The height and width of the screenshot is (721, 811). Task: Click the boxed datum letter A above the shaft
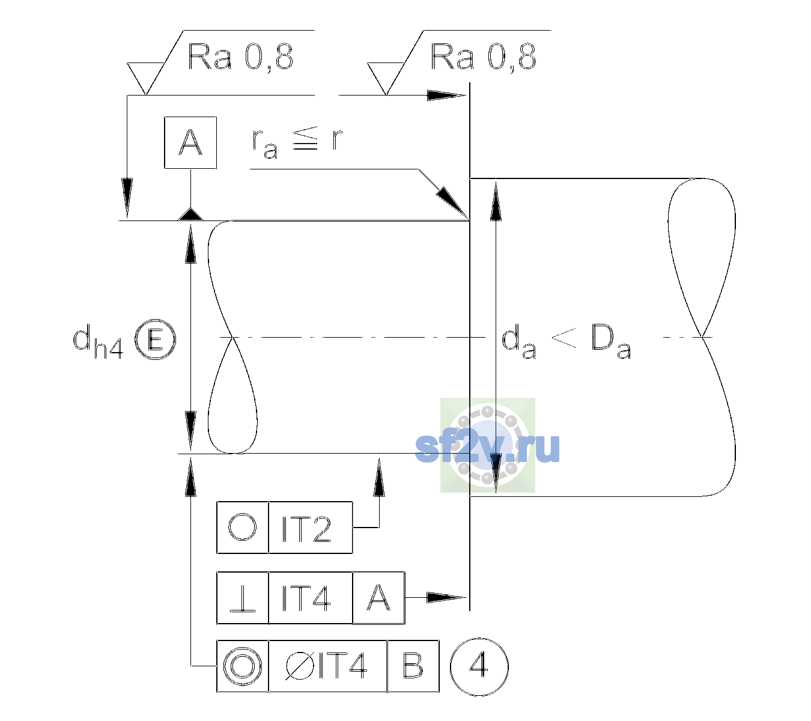pos(190,142)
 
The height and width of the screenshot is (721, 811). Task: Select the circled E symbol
pos(155,339)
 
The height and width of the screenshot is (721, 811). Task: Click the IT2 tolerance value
pos(306,529)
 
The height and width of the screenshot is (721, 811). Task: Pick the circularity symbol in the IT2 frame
pos(242,528)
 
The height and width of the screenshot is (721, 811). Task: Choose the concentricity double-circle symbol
pos(242,666)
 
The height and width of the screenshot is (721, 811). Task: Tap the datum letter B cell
pos(413,666)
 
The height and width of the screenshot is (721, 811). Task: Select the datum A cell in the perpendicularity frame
pos(378,598)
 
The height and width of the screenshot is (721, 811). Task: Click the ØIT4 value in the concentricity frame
pos(326,666)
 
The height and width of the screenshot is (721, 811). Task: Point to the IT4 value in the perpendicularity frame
pos(306,598)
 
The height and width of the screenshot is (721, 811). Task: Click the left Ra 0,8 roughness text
pos(240,57)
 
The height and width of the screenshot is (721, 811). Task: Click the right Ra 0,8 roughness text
pos(483,57)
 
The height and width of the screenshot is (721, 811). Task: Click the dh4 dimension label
pos(98,342)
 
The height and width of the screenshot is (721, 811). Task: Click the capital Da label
pos(611,342)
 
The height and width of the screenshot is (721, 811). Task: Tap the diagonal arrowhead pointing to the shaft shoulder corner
pos(452,203)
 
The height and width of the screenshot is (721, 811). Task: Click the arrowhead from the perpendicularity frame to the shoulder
pos(447,598)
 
